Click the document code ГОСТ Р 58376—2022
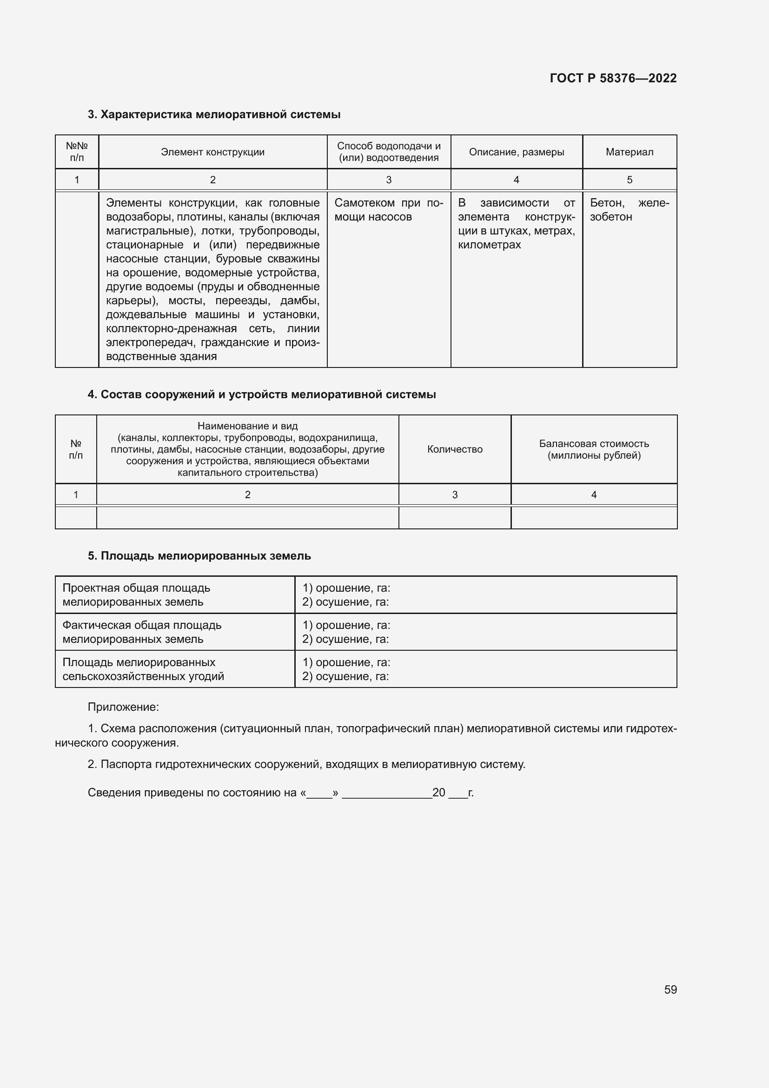[613, 78]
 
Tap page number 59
[670, 989]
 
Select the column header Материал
[629, 152]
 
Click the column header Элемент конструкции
[212, 152]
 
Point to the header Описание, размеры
[516, 152]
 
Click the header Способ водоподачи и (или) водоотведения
[388, 152]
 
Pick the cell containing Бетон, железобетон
[629, 210]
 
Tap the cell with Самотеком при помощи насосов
[388, 210]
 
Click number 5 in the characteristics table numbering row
[630, 180]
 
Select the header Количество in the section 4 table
[455, 449]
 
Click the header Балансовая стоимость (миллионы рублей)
[594, 449]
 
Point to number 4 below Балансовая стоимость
[594, 495]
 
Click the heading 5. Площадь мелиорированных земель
[199, 556]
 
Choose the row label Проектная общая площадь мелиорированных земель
[136, 595]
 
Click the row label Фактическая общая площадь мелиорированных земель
[142, 632]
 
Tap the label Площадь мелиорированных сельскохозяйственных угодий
[143, 669]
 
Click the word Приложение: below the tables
[123, 707]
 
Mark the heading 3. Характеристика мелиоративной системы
[214, 115]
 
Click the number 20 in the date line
[438, 792]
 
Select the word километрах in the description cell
[489, 245]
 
